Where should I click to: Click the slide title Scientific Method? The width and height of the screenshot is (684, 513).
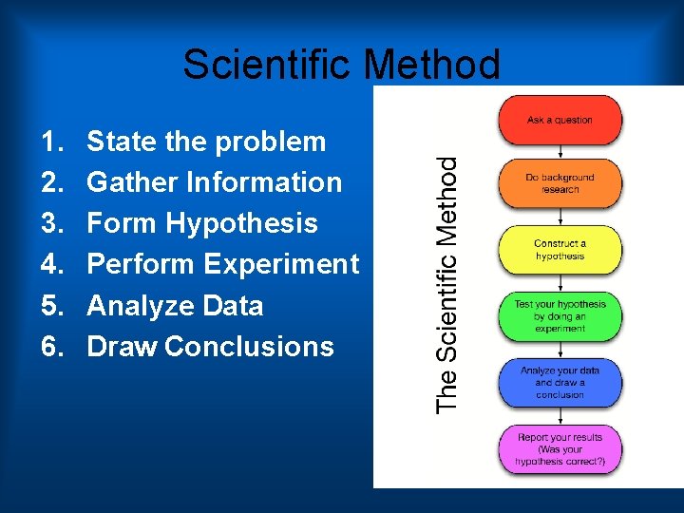click(x=341, y=65)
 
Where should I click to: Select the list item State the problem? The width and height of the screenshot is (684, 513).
click(x=206, y=142)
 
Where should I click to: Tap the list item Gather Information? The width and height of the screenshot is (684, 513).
click(x=214, y=182)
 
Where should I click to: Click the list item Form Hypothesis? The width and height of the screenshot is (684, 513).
click(x=201, y=223)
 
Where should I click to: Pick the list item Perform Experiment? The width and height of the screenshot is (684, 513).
click(x=222, y=264)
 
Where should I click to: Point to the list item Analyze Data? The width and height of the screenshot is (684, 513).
click(x=175, y=306)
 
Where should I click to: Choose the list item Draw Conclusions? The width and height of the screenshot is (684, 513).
click(x=210, y=347)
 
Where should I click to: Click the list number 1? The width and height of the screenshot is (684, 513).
click(x=51, y=142)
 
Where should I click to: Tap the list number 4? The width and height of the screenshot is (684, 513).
click(x=51, y=264)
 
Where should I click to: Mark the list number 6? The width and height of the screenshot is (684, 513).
click(x=51, y=347)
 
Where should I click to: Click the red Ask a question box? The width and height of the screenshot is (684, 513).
click(x=560, y=120)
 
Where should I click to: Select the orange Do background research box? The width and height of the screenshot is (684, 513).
click(x=560, y=183)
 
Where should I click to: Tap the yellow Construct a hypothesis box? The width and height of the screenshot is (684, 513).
click(x=560, y=250)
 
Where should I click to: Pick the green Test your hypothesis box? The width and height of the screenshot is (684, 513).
click(x=560, y=316)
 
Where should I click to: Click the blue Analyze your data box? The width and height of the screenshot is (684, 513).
click(x=560, y=382)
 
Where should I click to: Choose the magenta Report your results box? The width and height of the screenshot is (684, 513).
click(x=560, y=449)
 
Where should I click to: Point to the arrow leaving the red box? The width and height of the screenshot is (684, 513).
click(x=560, y=151)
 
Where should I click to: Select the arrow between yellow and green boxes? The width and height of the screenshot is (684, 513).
click(x=560, y=283)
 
